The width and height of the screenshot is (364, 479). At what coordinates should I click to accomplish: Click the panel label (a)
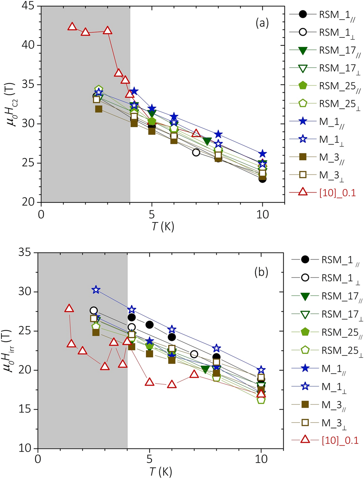pos(262,23)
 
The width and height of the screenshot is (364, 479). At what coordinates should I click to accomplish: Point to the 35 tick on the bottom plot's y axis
pos(26,252)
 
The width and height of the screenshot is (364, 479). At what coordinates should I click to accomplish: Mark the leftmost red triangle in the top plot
pos(72,27)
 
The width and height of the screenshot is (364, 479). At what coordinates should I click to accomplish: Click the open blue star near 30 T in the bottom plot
pos(96,290)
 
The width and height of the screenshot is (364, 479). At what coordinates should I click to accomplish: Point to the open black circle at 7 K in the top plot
pos(196,152)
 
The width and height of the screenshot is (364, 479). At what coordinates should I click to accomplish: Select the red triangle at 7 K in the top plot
pos(196,133)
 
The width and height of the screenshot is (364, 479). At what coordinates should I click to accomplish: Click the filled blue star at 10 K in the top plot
pos(262,154)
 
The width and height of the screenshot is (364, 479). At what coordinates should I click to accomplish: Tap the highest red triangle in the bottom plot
pos(69,309)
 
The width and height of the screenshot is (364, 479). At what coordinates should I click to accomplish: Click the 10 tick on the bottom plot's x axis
pos(261,459)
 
